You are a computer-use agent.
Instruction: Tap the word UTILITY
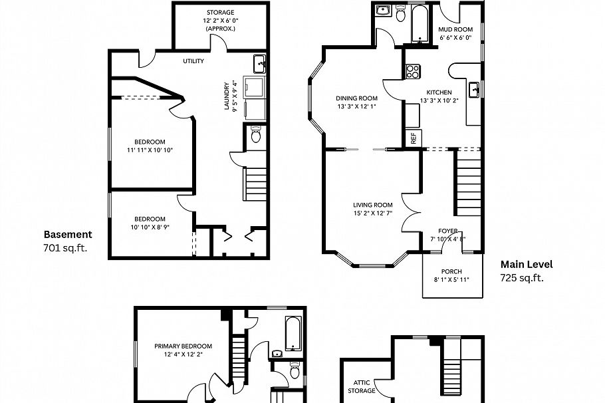[x=193, y=61]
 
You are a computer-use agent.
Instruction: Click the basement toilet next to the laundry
[x=256, y=136]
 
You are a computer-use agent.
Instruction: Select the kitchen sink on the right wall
[x=475, y=90]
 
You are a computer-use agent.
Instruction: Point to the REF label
[x=413, y=138]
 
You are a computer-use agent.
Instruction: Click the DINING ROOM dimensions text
[x=357, y=106]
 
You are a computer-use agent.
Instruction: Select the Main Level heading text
[x=526, y=264]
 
